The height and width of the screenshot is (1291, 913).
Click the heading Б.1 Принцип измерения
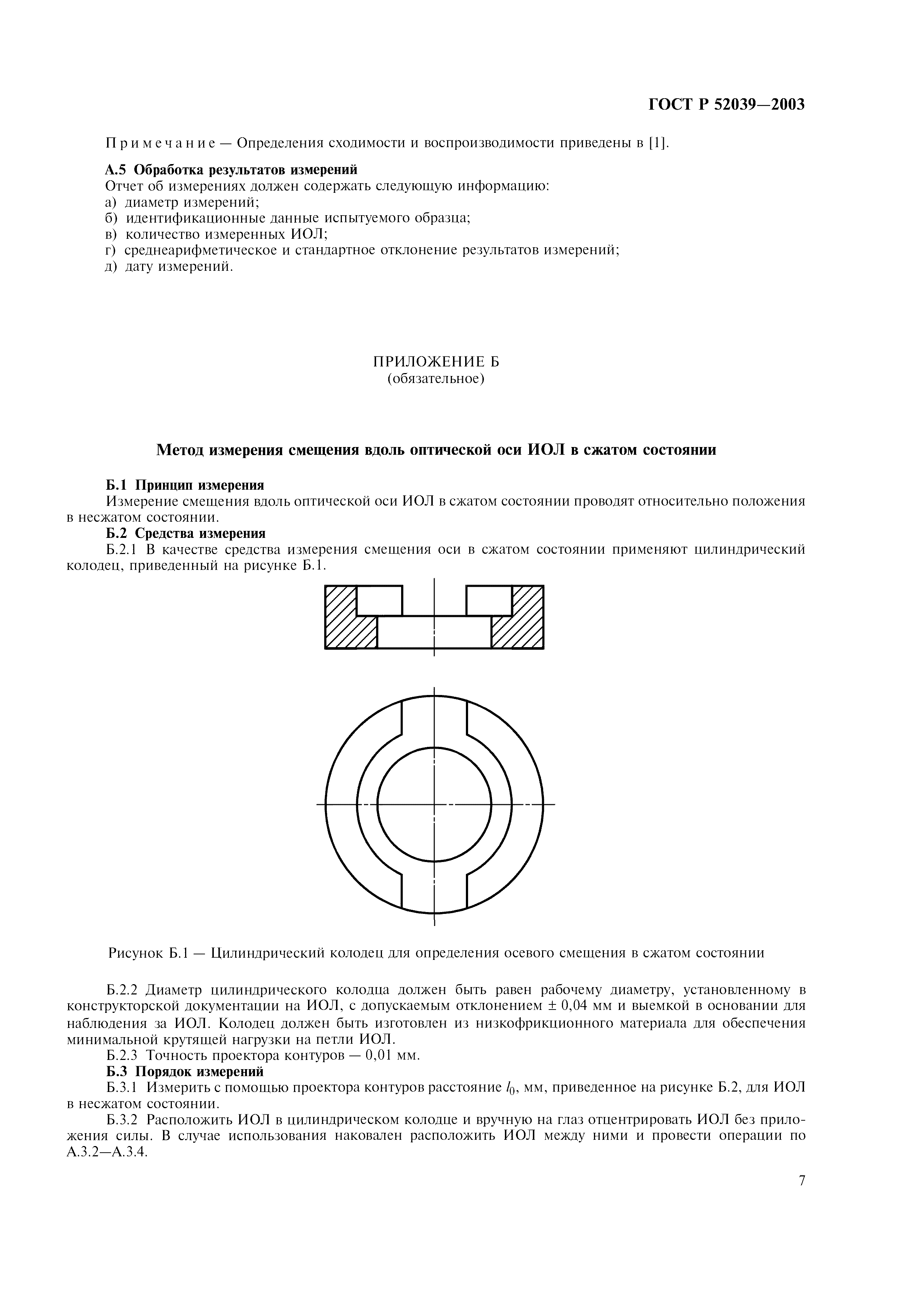tap(185, 485)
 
